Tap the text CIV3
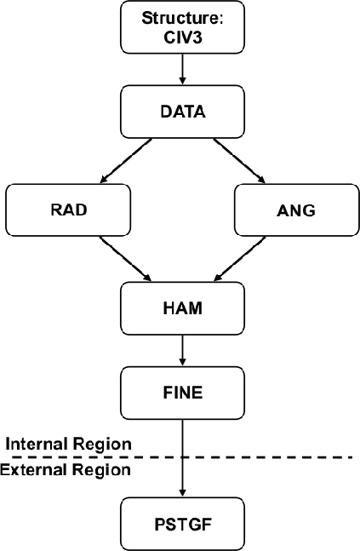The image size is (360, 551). click(x=183, y=37)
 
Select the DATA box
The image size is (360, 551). click(x=183, y=112)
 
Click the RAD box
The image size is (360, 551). click(x=68, y=209)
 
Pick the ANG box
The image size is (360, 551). click(x=297, y=209)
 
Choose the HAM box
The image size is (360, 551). click(x=183, y=308)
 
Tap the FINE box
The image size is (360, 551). click(x=183, y=393)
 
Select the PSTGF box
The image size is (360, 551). click(x=183, y=525)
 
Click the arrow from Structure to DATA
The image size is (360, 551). click(x=182, y=69)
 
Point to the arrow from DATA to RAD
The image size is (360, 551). click(x=126, y=161)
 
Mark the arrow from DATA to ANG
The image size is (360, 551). click(x=239, y=161)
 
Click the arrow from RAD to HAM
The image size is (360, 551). click(x=126, y=259)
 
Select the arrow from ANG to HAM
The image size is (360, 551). click(x=239, y=259)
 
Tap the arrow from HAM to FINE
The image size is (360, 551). click(x=182, y=350)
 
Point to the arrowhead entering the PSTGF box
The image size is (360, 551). click(x=182, y=493)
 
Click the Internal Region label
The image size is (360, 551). click(x=68, y=445)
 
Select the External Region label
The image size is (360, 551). click(x=66, y=470)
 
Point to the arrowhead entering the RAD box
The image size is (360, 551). click(x=105, y=179)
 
